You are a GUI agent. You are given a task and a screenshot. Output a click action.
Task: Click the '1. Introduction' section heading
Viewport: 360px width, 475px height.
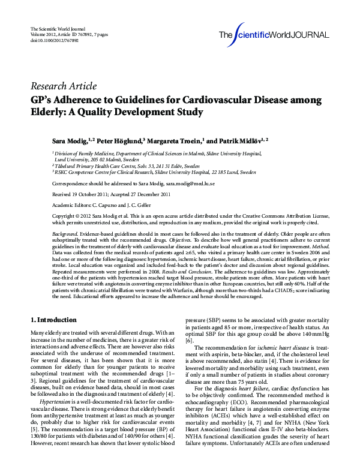click(x=53, y=320)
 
